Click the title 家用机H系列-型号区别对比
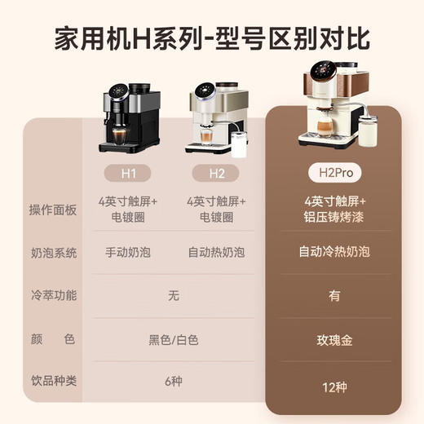click(x=212, y=38)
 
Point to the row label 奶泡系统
click(x=52, y=253)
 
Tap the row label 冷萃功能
click(x=52, y=296)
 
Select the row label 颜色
click(x=52, y=339)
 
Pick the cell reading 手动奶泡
click(x=129, y=253)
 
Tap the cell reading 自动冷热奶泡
click(x=334, y=253)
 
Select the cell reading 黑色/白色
click(x=173, y=339)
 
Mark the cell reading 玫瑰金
click(x=334, y=339)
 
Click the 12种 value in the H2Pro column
click(x=334, y=384)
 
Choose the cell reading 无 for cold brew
click(x=173, y=296)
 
